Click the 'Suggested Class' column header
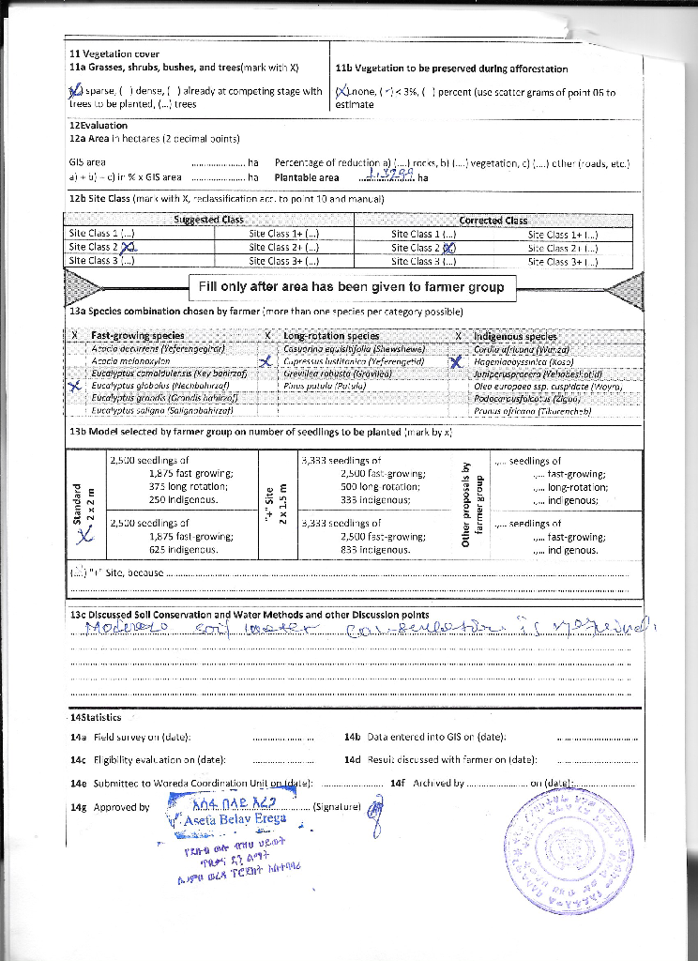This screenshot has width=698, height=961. pyautogui.click(x=209, y=220)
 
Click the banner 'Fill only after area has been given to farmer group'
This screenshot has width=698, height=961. pyautogui.click(x=349, y=286)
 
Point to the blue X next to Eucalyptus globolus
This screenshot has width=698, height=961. pyautogui.click(x=76, y=384)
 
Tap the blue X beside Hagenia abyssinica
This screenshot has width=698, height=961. pyautogui.click(x=456, y=361)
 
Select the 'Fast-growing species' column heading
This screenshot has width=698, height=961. pyautogui.click(x=137, y=335)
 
